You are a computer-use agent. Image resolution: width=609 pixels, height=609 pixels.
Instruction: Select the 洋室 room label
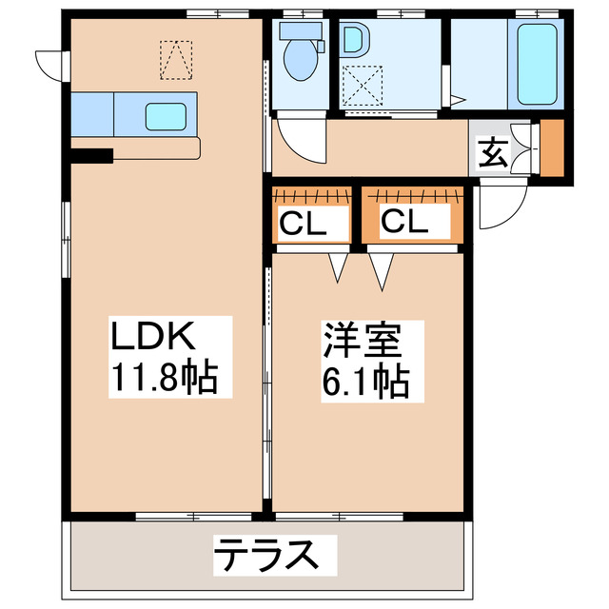(361, 340)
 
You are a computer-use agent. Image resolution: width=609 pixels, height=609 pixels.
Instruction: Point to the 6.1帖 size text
(366, 383)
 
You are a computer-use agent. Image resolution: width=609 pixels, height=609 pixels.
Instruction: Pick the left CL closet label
(303, 225)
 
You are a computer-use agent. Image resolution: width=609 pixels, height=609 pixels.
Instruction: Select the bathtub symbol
(538, 64)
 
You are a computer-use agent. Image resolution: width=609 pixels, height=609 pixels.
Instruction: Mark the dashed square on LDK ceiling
(175, 59)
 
